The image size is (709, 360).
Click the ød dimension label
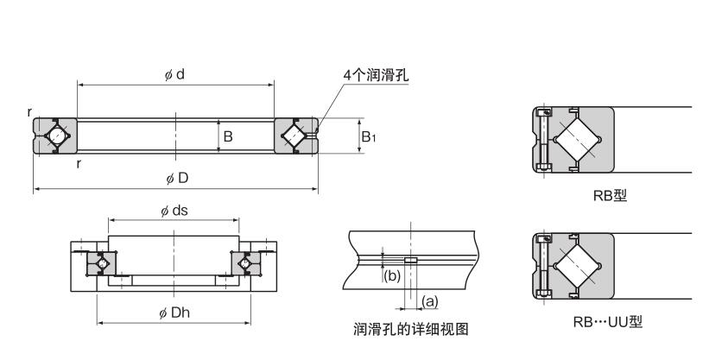click(175, 75)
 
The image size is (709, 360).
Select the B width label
click(227, 136)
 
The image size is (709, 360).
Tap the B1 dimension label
click(368, 136)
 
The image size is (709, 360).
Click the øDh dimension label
click(175, 313)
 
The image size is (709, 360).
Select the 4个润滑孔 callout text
click(375, 76)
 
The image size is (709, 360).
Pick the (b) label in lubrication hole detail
click(390, 276)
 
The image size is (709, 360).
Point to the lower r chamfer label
click(79, 165)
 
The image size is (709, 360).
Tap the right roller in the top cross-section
click(294, 136)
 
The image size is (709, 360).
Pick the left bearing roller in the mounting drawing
click(101, 262)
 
